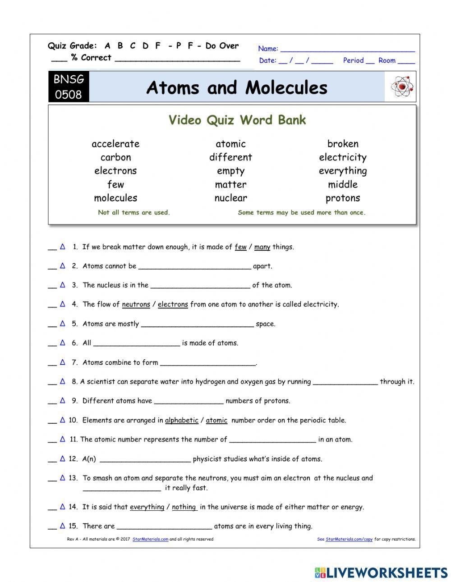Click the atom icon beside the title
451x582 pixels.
[x=403, y=87]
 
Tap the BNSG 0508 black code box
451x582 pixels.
[x=69, y=87]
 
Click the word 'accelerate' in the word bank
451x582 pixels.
[x=115, y=144]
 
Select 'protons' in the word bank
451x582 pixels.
[x=343, y=198]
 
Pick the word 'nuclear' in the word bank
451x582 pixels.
[x=230, y=198]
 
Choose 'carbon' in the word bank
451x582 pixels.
[x=115, y=157]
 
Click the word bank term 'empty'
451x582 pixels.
[x=230, y=171]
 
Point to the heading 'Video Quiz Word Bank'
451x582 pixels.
[x=237, y=120]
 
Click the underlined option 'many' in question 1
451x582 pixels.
[x=262, y=247]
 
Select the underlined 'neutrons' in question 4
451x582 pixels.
[x=136, y=304]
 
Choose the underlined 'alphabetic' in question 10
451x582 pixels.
[x=181, y=420]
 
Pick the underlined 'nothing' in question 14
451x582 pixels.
[x=184, y=507]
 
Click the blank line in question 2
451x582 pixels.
[x=194, y=266]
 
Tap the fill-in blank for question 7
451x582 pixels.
[x=207, y=363]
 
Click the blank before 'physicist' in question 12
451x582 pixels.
[x=145, y=459]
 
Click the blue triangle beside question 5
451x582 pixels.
[x=63, y=323]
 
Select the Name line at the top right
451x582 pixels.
[x=347, y=49]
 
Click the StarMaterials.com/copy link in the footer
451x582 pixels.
[x=349, y=539]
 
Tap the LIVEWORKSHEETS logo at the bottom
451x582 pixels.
[x=381, y=572]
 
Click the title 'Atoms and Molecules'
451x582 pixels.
[x=237, y=87]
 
